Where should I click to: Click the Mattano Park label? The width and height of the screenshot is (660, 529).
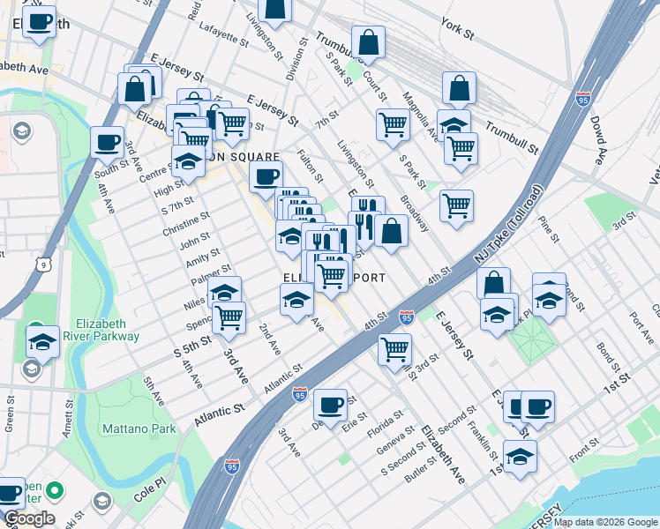coord(138,429)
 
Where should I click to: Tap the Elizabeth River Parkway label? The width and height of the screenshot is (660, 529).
coord(108,329)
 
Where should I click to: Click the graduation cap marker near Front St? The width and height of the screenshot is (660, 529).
coord(521,457)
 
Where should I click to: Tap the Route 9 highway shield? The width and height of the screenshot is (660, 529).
coord(42,264)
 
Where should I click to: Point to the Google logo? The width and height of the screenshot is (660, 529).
coord(29,518)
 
